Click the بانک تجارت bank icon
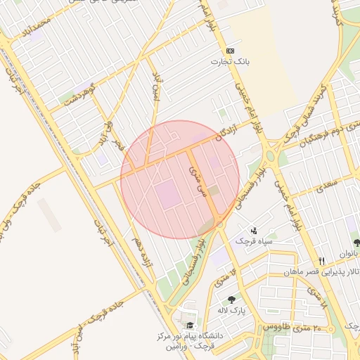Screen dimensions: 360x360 click(230, 51)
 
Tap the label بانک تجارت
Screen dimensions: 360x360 click(230, 62)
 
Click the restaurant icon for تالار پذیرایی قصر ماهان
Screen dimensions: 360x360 click(322, 259)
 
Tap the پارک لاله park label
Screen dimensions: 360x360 click(231, 310)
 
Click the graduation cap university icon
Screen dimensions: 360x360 click(189, 325)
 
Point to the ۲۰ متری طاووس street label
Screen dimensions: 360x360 click(287, 328)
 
